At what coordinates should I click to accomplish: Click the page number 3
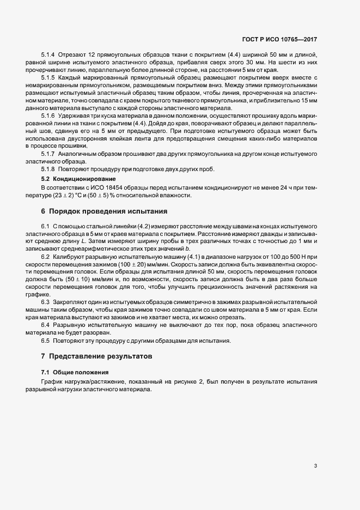tap(315, 466)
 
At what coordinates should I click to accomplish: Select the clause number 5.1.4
tap(48, 56)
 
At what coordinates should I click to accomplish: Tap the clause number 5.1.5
tap(48, 78)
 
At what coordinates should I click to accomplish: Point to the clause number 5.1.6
tap(48, 116)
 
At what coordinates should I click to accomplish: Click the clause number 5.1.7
tap(48, 154)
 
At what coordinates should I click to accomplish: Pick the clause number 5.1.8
tap(48, 168)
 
